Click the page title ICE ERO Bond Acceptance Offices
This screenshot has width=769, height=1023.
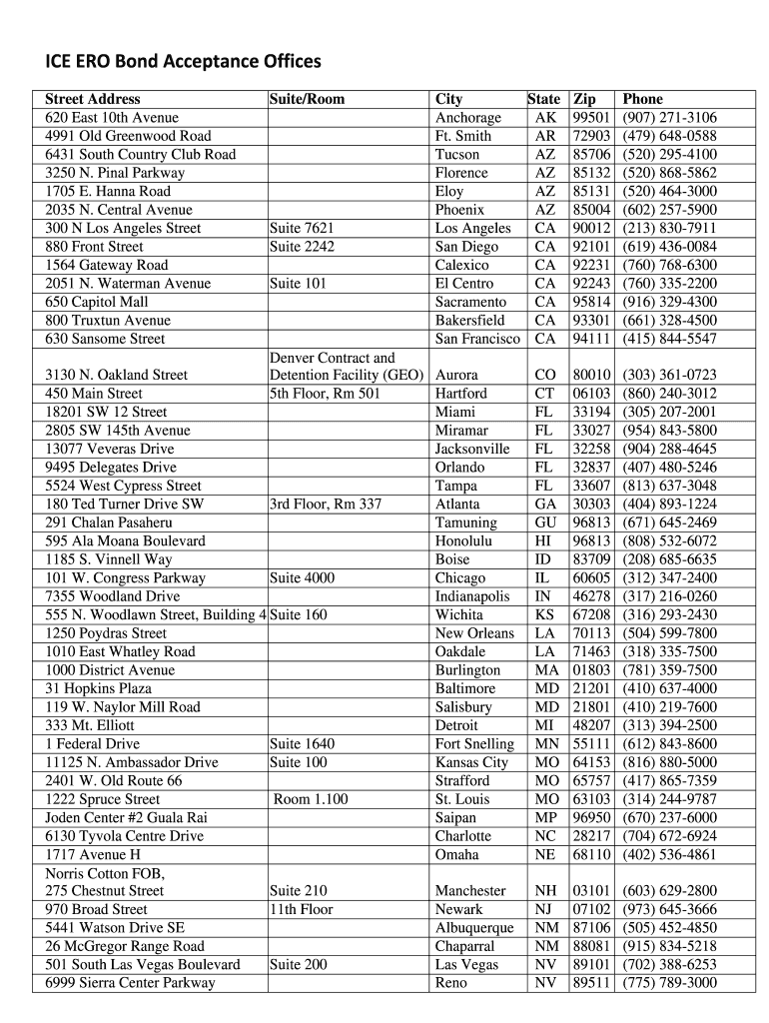(x=183, y=62)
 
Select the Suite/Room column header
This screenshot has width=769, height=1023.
(x=307, y=99)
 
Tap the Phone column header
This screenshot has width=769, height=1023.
(x=642, y=99)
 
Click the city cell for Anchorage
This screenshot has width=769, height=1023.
(x=467, y=118)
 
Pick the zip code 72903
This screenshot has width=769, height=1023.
(x=591, y=136)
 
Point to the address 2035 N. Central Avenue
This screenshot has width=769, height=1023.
(x=119, y=210)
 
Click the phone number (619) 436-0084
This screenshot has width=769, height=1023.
(x=669, y=247)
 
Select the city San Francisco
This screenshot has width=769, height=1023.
(x=477, y=339)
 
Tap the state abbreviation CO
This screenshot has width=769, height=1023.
(x=545, y=376)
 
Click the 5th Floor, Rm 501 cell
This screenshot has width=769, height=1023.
(x=325, y=394)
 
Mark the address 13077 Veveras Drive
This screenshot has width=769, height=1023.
(x=110, y=450)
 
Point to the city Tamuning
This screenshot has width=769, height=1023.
(x=465, y=522)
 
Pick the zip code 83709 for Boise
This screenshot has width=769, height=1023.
(x=591, y=559)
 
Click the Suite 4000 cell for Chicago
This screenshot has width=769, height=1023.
(x=303, y=578)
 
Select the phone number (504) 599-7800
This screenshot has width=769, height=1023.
(x=669, y=633)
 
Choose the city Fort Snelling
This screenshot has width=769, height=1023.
(x=474, y=744)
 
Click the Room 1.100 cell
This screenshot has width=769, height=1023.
(x=312, y=799)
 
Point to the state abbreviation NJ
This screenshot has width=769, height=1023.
(x=545, y=909)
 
